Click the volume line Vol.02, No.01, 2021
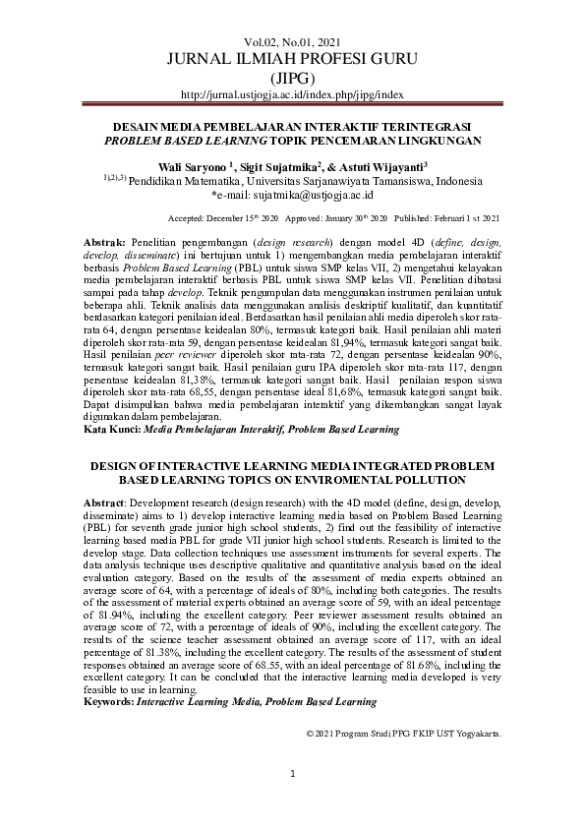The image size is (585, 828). (292, 41)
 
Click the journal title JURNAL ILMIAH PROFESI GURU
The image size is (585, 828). (292, 59)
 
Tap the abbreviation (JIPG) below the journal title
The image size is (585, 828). (292, 78)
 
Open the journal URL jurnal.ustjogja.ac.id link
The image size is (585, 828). (292, 94)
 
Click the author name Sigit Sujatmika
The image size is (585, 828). (275, 168)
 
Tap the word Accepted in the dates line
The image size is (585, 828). (186, 218)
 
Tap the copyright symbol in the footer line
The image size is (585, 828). (310, 734)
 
